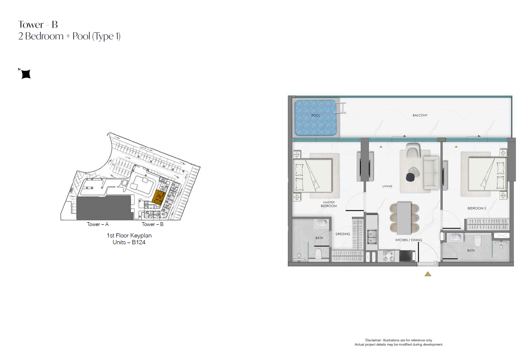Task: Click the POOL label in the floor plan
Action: [x=316, y=115]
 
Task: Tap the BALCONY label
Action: [x=420, y=115]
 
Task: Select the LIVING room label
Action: [x=387, y=186]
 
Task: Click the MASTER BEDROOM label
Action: [x=328, y=204]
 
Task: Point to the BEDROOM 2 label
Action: [x=477, y=208]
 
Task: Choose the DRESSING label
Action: [x=343, y=234]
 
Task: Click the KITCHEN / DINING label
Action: [x=409, y=240]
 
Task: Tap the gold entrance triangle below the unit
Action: [x=428, y=274]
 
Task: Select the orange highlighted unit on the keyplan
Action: [x=159, y=198]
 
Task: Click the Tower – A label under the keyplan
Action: [x=98, y=224]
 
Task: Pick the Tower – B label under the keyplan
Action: [x=152, y=224]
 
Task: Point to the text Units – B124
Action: [x=129, y=242]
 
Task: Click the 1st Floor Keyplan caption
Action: [x=129, y=235]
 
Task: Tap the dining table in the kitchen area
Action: [x=404, y=218]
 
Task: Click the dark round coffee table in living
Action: [x=410, y=177]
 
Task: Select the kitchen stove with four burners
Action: [x=388, y=256]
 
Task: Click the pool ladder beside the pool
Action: [x=341, y=108]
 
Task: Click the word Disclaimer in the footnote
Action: [x=373, y=340]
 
